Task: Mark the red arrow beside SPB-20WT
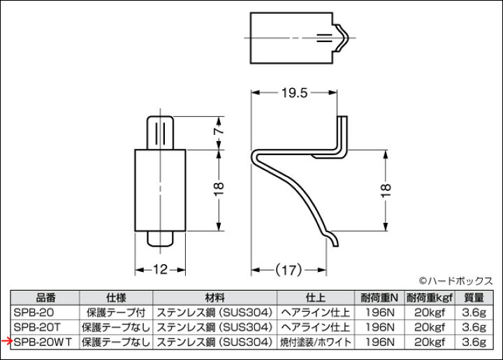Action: [x=6, y=341]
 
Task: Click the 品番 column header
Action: [x=44, y=296]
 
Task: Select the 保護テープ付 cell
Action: [x=115, y=312]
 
